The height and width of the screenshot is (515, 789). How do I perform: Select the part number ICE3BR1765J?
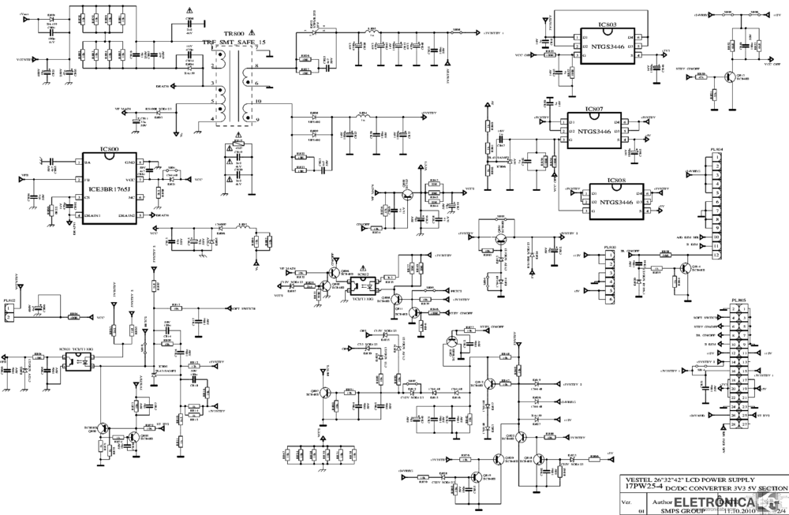tap(107, 189)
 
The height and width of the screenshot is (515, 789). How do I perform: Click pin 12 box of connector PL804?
tap(716, 255)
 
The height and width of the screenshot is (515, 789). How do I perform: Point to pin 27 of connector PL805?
tap(744, 423)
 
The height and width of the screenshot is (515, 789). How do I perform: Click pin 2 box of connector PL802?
tap(9, 317)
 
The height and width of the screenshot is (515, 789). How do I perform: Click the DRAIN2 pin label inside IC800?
tap(126, 215)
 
